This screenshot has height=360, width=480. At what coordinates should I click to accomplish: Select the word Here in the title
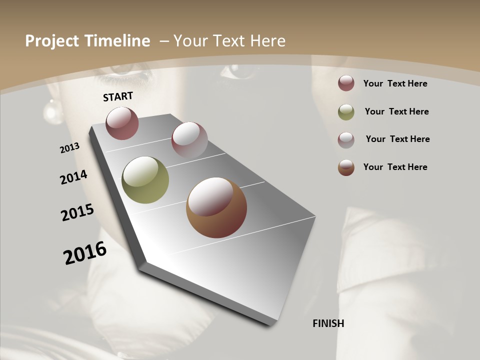(x=267, y=41)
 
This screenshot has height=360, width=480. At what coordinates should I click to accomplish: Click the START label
(x=118, y=96)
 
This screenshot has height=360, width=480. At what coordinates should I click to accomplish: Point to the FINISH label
(x=328, y=323)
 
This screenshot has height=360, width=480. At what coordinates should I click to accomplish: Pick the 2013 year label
(x=70, y=148)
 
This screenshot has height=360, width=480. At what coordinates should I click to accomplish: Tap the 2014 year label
(x=74, y=177)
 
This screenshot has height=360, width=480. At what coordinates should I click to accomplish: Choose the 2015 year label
(x=77, y=212)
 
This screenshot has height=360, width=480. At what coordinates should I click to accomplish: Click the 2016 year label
(x=85, y=252)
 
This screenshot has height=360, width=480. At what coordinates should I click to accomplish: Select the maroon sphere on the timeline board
(x=122, y=123)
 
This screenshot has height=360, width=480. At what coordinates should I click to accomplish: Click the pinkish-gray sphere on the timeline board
(x=189, y=140)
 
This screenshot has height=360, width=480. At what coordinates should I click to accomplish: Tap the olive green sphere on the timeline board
(x=145, y=180)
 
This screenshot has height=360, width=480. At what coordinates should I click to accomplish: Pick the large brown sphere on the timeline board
(x=216, y=207)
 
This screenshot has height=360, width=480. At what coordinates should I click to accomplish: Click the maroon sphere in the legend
(x=346, y=83)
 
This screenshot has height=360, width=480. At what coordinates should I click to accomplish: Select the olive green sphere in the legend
(x=346, y=112)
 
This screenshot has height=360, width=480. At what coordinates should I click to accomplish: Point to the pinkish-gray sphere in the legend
(x=346, y=139)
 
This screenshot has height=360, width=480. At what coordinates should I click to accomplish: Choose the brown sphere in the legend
(x=346, y=167)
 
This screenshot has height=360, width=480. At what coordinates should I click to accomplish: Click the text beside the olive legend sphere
(x=396, y=111)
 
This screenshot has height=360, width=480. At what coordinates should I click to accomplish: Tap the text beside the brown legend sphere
(x=395, y=167)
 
